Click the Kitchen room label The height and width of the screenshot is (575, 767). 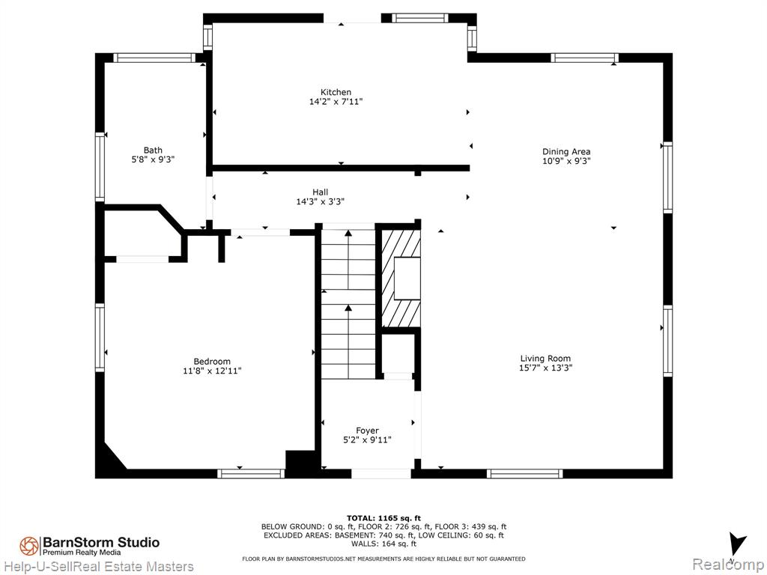point(336,92)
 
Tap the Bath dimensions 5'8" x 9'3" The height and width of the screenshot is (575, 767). point(153,159)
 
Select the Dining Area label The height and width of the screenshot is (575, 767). point(566,151)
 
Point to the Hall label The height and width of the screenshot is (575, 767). point(321,192)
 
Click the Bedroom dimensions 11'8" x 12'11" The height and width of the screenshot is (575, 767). point(212,371)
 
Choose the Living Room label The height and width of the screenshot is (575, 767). point(545,359)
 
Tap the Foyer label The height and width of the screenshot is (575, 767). point(367,431)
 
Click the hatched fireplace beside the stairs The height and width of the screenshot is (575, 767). point(401,279)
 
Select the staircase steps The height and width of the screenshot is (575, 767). point(348,303)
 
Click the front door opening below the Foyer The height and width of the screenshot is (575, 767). point(381,473)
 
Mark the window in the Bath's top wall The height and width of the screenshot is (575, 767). point(154,58)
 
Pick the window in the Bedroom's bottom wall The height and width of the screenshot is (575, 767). point(251,473)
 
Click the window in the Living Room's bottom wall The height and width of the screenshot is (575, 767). point(524,473)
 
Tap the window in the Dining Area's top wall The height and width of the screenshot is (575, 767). point(584,58)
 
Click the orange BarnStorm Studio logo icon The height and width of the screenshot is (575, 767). point(29,546)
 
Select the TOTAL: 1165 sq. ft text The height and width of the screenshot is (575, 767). point(383,518)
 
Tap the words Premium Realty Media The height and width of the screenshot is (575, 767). point(82,553)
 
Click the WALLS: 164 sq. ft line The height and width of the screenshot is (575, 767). point(383,544)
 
